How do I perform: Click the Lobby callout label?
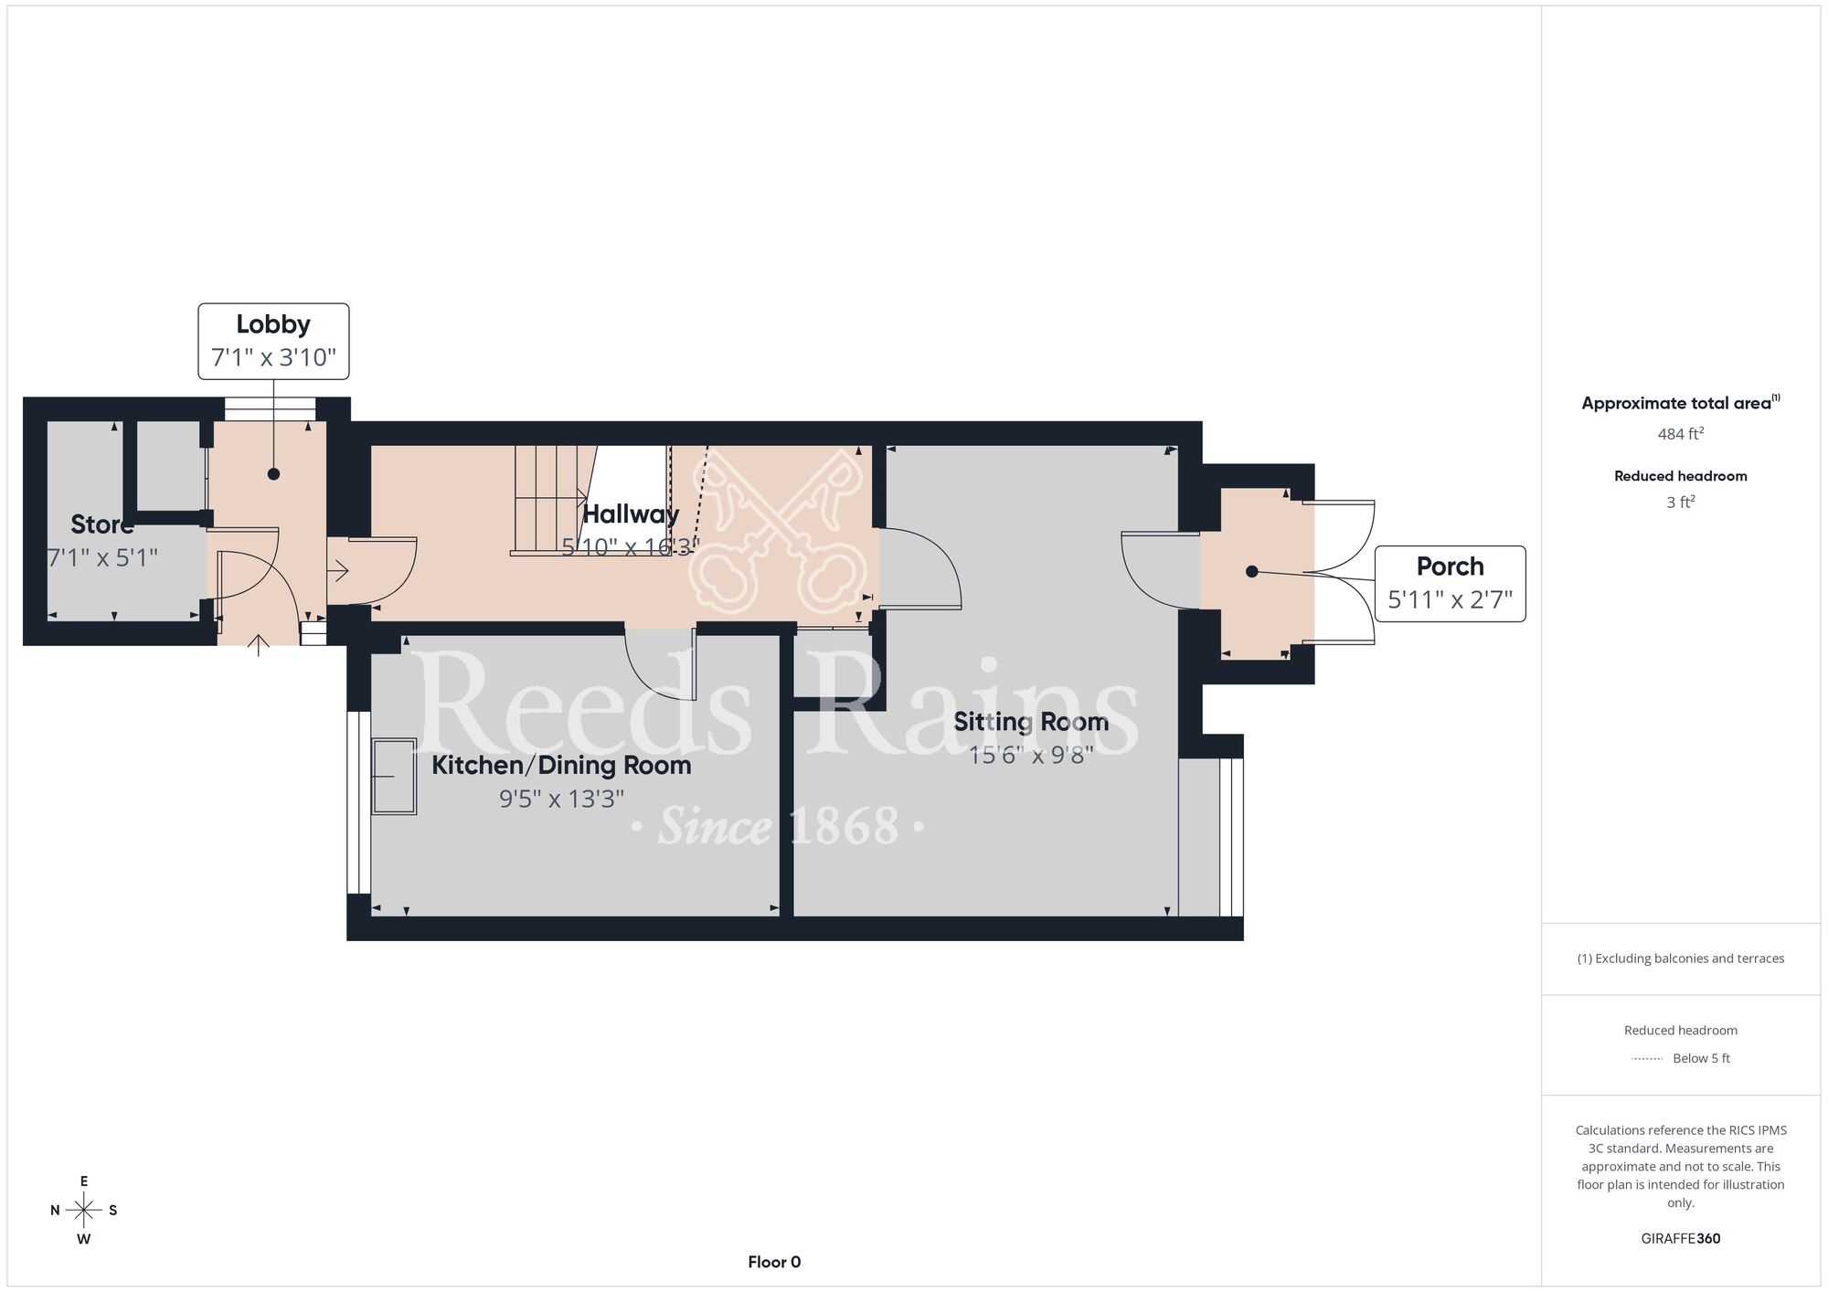[x=273, y=341]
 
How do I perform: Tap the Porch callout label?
[x=1450, y=584]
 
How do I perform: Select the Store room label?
[x=101, y=524]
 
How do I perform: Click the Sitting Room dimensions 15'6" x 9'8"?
[x=1031, y=755]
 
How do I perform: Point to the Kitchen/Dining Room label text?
[x=561, y=766]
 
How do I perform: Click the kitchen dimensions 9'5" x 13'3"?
[x=561, y=800]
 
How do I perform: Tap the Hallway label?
[x=631, y=514]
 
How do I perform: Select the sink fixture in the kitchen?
[x=394, y=776]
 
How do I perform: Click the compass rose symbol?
[x=84, y=1211]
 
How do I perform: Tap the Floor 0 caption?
[x=774, y=1262]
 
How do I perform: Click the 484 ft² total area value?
[x=1681, y=434]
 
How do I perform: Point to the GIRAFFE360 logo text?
[x=1681, y=1239]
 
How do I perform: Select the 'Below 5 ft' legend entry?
[x=1701, y=1058]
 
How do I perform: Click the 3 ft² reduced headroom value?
[x=1681, y=502]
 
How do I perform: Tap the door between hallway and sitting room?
[x=919, y=567]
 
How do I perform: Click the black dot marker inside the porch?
[x=1252, y=571]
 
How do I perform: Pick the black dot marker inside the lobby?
[x=273, y=474]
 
